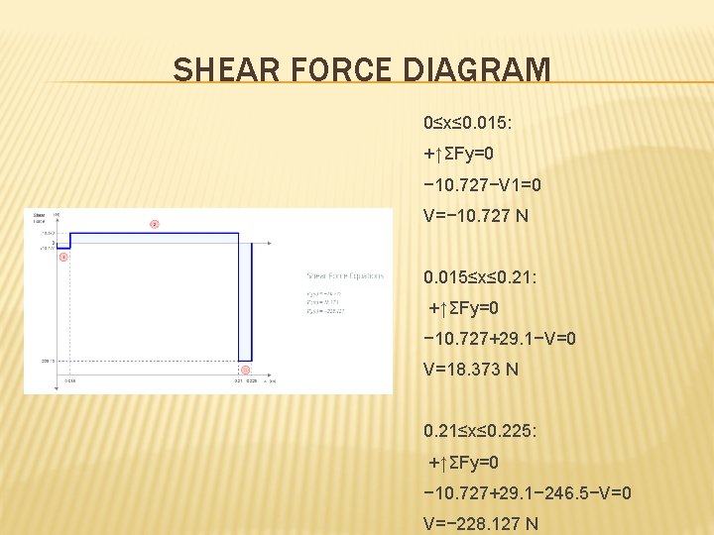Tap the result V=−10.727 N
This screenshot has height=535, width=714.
475,216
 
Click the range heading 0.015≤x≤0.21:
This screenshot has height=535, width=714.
480,277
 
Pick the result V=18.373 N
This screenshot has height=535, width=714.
470,370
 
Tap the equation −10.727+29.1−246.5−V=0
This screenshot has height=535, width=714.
527,492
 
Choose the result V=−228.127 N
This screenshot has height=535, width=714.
481,523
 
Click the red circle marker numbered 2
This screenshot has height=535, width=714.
154,223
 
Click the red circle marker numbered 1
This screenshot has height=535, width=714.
63,257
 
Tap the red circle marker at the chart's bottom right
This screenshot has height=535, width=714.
245,371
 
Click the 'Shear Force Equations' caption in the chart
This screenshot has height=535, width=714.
344,276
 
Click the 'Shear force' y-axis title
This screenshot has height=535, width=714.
39,218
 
